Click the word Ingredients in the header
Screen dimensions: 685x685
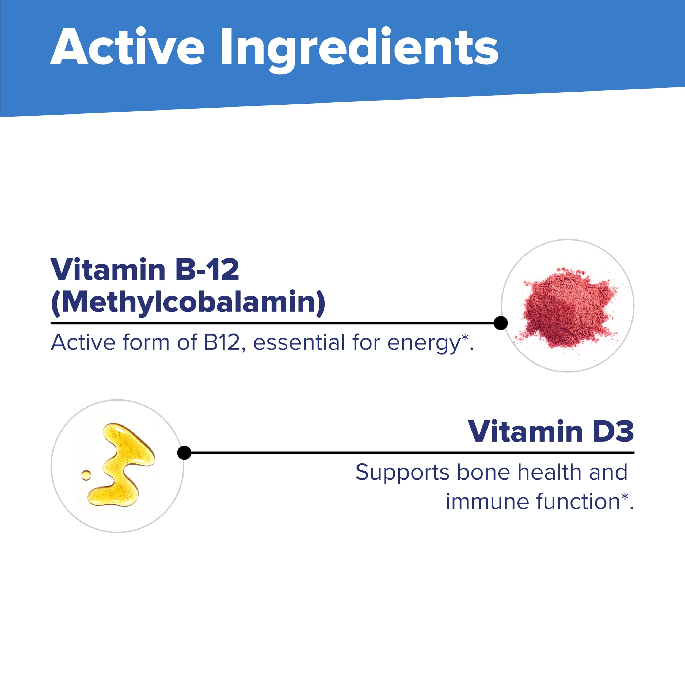tap(360, 50)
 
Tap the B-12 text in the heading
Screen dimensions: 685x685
tap(207, 269)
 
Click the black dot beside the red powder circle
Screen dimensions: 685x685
tap(501, 323)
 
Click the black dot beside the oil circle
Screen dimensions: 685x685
tap(184, 452)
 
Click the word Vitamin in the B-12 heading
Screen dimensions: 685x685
tap(108, 269)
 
